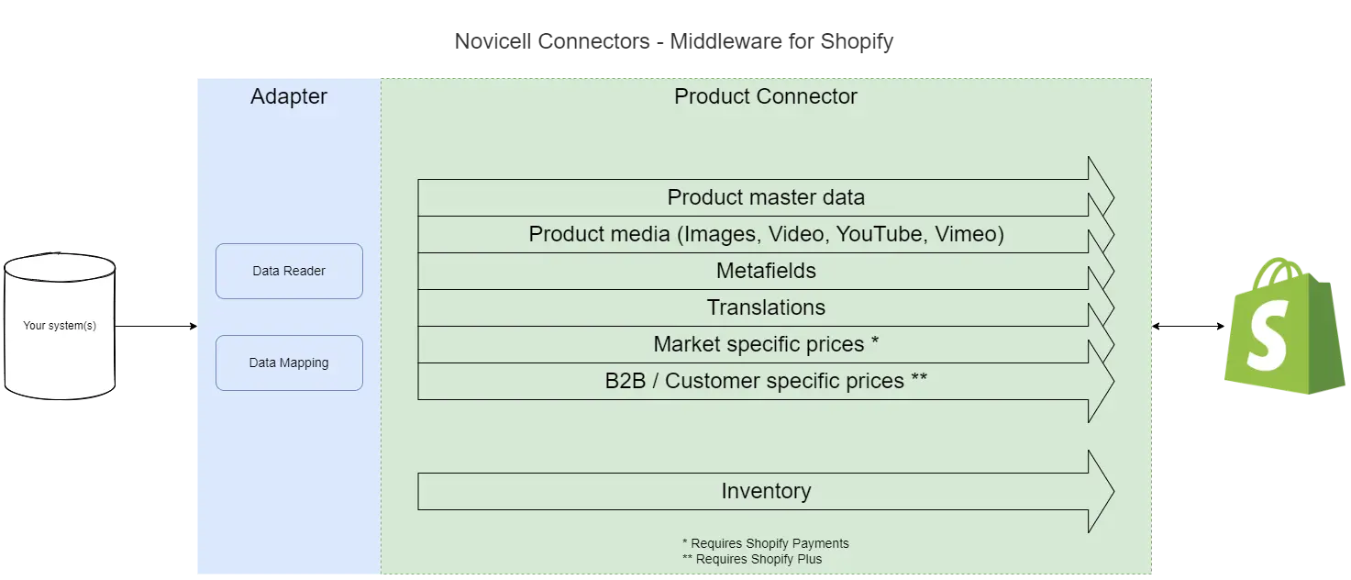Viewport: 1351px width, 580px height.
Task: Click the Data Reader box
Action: (x=289, y=271)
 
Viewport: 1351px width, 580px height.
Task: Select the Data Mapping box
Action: (x=289, y=362)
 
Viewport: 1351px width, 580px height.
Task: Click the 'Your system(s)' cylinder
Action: (x=60, y=327)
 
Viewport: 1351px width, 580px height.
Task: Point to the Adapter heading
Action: (x=289, y=96)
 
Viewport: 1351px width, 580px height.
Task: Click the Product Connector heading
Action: (x=766, y=96)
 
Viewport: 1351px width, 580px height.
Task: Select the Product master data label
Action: (x=766, y=197)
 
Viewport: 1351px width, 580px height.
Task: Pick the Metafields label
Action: (x=766, y=271)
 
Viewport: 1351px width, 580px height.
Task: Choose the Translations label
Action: (x=766, y=307)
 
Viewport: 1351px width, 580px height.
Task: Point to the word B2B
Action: (x=626, y=381)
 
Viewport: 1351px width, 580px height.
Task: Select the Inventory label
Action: (x=766, y=491)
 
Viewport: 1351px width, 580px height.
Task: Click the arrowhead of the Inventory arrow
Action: (x=1100, y=491)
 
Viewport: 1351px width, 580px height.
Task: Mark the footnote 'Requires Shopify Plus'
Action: (x=759, y=559)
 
